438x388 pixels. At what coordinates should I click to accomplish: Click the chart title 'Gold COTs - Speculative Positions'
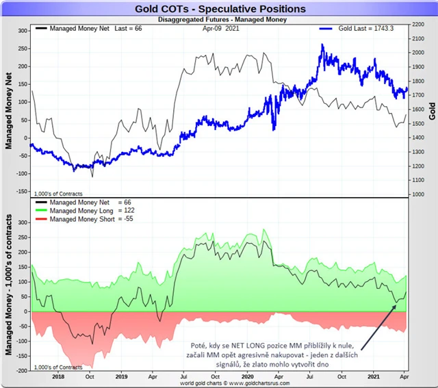[x=218, y=9]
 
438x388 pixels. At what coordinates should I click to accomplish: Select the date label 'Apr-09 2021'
[x=220, y=29]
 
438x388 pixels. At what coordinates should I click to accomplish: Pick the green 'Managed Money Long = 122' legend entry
[x=90, y=211]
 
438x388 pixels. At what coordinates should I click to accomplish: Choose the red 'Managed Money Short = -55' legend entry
[x=90, y=220]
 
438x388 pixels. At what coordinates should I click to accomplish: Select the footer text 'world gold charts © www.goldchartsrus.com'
[x=218, y=383]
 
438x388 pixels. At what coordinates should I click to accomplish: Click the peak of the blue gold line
[x=322, y=45]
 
